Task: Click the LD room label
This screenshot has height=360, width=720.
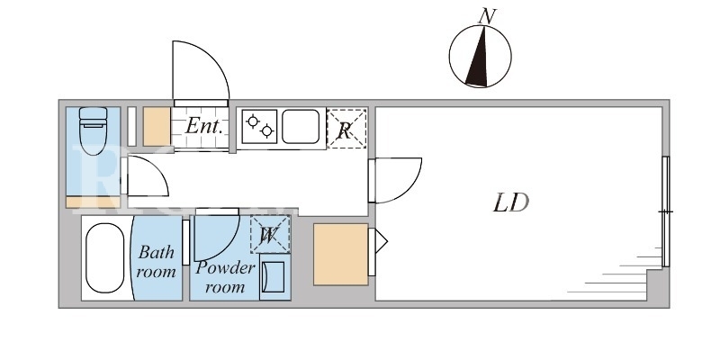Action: (x=511, y=202)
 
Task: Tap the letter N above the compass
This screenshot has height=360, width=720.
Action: (x=487, y=16)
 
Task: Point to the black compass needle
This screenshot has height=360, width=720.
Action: (x=478, y=57)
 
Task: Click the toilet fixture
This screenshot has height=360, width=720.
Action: (x=94, y=130)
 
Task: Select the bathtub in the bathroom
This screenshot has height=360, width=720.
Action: (x=104, y=258)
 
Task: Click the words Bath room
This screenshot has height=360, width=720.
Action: (x=156, y=261)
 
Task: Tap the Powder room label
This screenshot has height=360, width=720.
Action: (x=225, y=277)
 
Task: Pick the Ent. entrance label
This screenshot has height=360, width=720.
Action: (x=204, y=126)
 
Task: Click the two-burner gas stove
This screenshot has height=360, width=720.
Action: (x=259, y=126)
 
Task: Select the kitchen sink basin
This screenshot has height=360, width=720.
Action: (x=301, y=126)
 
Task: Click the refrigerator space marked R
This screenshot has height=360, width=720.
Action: (x=346, y=129)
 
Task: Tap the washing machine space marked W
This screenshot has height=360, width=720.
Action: (x=270, y=234)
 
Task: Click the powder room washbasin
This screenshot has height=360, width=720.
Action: (x=274, y=277)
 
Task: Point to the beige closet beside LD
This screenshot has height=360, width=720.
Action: (x=341, y=255)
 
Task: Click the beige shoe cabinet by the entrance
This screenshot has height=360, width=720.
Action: (x=157, y=126)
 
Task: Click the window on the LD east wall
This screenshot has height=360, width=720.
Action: (x=666, y=211)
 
